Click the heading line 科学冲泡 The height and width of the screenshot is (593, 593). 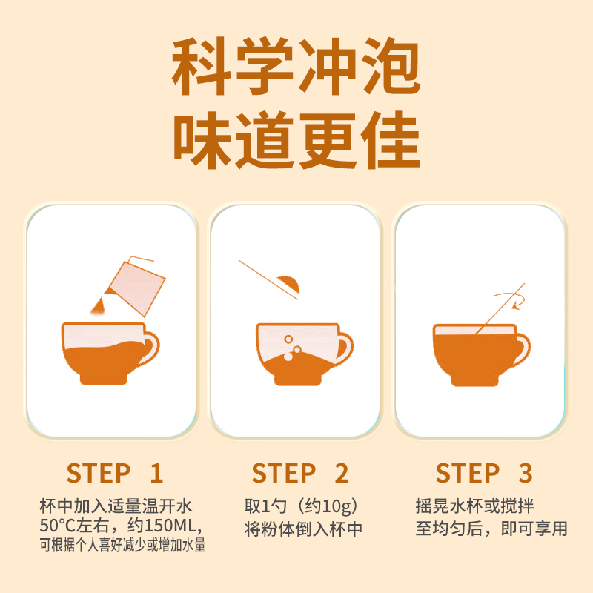(296, 66)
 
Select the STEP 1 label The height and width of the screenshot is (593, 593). (115, 473)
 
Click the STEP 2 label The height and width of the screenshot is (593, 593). (300, 473)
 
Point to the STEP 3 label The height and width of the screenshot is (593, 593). (484, 473)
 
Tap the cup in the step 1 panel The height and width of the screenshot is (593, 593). (110, 354)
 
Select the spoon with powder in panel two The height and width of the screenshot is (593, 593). (269, 280)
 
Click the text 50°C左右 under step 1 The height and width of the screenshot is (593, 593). (75, 526)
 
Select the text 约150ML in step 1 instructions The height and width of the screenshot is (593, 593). (162, 526)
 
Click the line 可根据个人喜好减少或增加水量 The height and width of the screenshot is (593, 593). (122, 545)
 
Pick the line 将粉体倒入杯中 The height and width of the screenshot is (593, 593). (303, 529)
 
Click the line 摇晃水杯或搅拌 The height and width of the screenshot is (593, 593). (474, 506)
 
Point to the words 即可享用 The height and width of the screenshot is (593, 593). (534, 529)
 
